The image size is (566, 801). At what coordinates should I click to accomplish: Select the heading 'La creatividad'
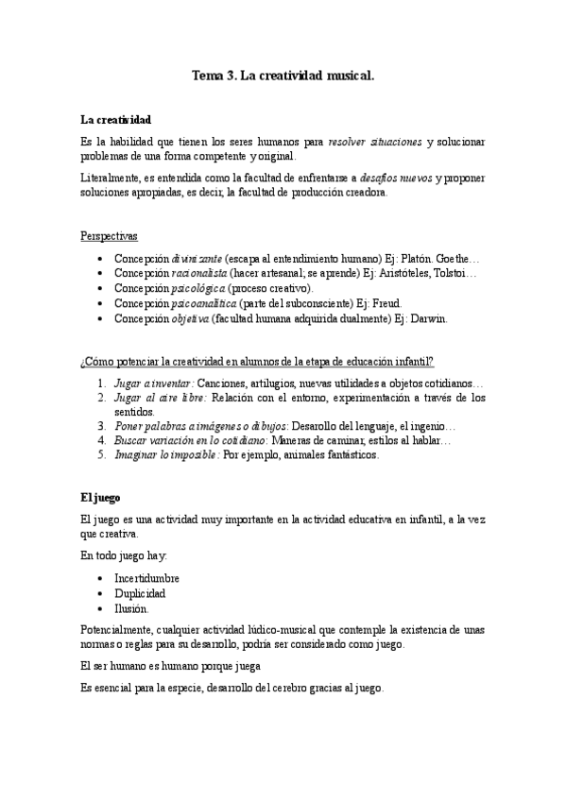click(x=116, y=120)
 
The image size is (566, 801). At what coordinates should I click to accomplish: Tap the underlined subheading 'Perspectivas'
click(x=109, y=235)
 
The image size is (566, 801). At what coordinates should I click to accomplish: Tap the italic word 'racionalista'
click(x=200, y=273)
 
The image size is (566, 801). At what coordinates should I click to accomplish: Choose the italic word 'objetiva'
click(x=190, y=318)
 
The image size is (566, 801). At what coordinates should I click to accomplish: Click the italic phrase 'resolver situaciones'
click(x=375, y=142)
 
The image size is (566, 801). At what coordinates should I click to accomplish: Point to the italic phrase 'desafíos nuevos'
click(x=397, y=177)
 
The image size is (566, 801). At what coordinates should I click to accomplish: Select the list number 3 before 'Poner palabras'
click(x=103, y=426)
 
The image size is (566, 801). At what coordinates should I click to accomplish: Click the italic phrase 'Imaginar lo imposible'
click(x=164, y=454)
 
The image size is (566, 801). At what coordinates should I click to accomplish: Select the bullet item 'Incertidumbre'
click(x=146, y=578)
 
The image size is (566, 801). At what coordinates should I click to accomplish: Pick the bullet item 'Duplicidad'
click(x=140, y=593)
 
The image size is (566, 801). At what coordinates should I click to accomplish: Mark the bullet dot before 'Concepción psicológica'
click(x=101, y=288)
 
